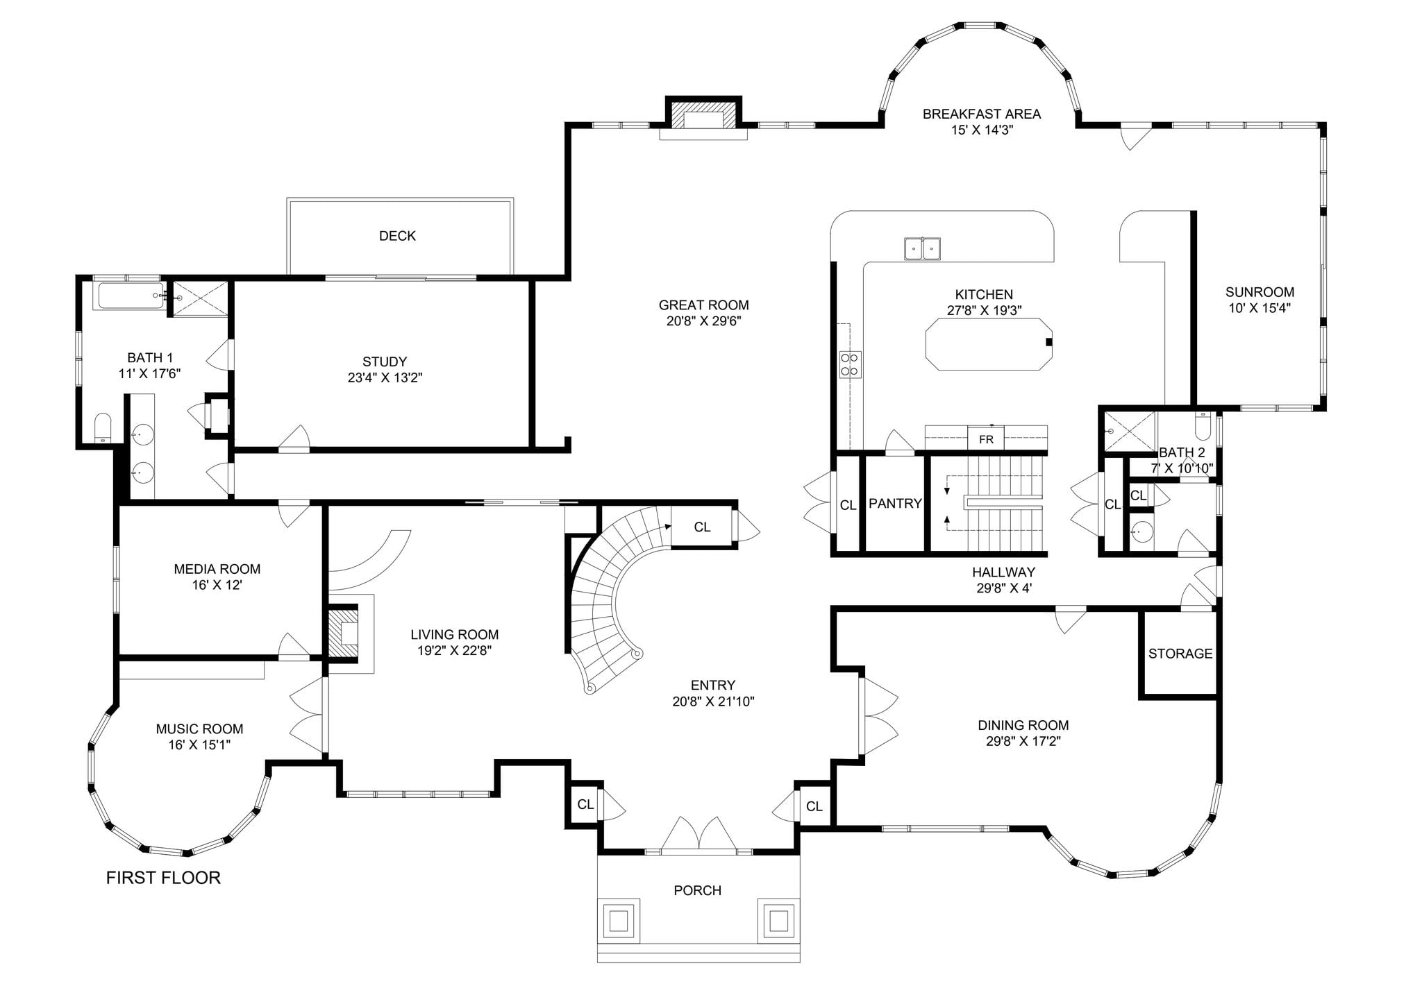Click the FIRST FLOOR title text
(x=163, y=878)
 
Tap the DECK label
(x=397, y=236)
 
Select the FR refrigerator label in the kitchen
(x=986, y=439)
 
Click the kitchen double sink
(x=923, y=248)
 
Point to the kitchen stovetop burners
(x=851, y=364)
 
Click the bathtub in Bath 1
(x=131, y=296)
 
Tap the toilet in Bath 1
(x=103, y=428)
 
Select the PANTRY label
(x=895, y=504)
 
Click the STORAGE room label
(x=1180, y=654)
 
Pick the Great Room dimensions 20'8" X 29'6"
(x=704, y=321)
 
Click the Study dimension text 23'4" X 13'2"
(x=385, y=378)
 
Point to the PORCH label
(x=698, y=890)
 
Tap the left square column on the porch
(x=619, y=921)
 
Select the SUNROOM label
(x=1260, y=292)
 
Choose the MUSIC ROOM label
(x=199, y=729)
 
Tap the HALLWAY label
(x=1003, y=572)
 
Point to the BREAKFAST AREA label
(x=982, y=114)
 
